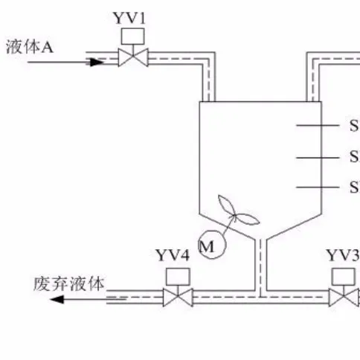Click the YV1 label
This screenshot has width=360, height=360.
pyautogui.click(x=131, y=16)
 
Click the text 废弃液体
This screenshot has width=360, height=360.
pyautogui.click(x=71, y=283)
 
